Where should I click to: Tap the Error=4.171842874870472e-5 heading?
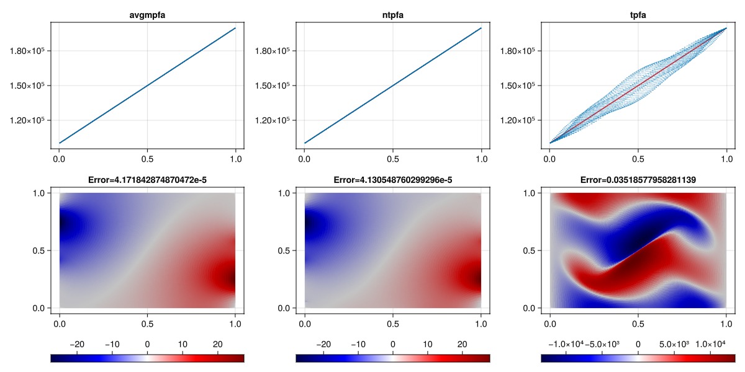coord(147,180)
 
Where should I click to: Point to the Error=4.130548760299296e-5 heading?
coord(392,180)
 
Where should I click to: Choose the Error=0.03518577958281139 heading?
coord(638,180)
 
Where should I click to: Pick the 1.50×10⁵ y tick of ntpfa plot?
coord(273,85)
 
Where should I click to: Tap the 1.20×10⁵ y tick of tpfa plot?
coord(518,120)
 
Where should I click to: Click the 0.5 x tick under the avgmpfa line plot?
coord(147,159)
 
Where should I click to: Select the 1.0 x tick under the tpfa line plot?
coord(726,159)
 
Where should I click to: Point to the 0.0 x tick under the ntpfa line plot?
coord(304,159)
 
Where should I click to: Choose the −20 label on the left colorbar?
coord(78,343)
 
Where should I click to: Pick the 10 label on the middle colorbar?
coord(428,343)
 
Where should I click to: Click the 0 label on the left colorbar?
coord(147,343)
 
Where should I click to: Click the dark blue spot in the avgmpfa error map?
coord(65,227)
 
